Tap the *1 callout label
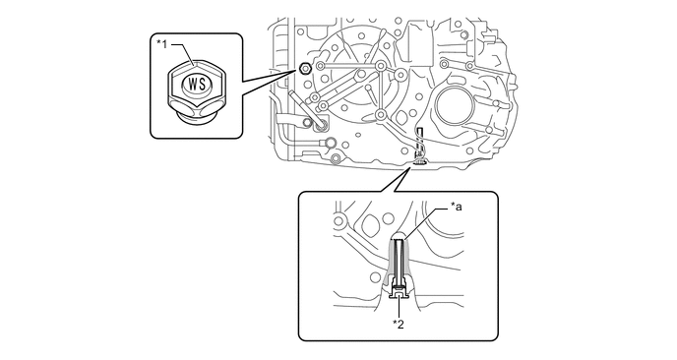point(161,44)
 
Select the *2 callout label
point(399,325)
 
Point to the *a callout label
point(456,208)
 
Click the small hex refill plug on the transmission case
point(304,68)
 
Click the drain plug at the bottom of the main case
point(420,162)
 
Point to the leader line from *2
point(400,308)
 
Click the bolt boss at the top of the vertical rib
point(380,66)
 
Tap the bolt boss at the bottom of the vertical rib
point(380,114)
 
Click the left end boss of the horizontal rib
point(320,66)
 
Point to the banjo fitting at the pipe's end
point(332,142)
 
